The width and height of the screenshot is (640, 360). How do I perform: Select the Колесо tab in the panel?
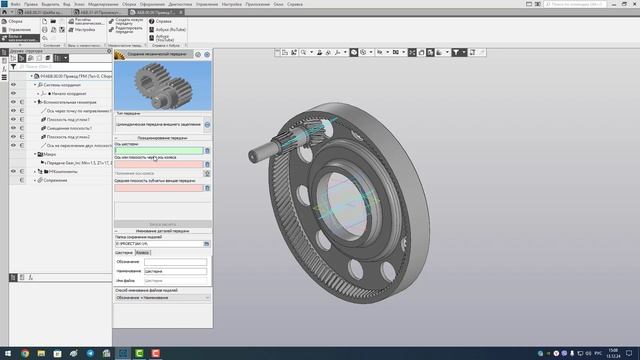[x=143, y=253]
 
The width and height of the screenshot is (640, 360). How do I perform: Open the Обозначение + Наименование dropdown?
[x=163, y=297]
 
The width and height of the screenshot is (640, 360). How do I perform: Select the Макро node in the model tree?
[x=49, y=155]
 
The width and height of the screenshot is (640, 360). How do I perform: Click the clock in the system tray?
[x=615, y=353]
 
